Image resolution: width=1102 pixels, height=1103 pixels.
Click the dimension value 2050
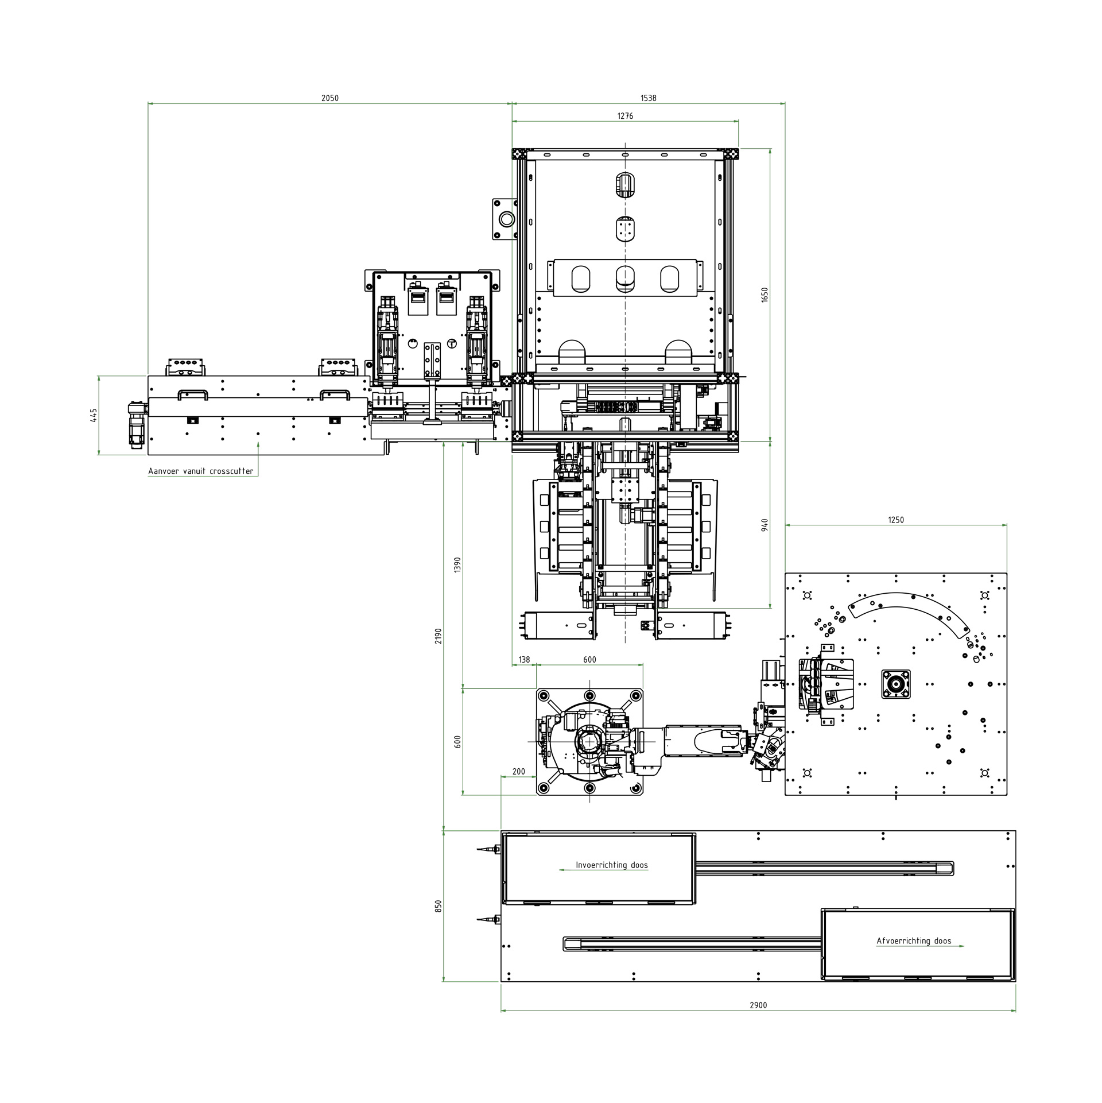tap(329, 98)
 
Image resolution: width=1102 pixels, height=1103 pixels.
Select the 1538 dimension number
tap(648, 98)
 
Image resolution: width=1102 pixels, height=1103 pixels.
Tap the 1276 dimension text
tap(625, 116)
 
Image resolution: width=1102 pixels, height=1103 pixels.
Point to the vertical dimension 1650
tap(765, 295)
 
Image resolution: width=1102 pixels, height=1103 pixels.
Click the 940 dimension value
tap(765, 525)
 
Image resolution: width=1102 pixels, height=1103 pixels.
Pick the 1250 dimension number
tap(895, 520)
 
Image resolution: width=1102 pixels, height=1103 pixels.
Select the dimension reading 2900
tap(758, 1005)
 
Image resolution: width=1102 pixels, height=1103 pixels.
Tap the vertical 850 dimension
tap(439, 906)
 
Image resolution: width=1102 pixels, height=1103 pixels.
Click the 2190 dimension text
tap(439, 636)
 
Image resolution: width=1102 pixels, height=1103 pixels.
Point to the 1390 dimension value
tap(457, 565)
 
